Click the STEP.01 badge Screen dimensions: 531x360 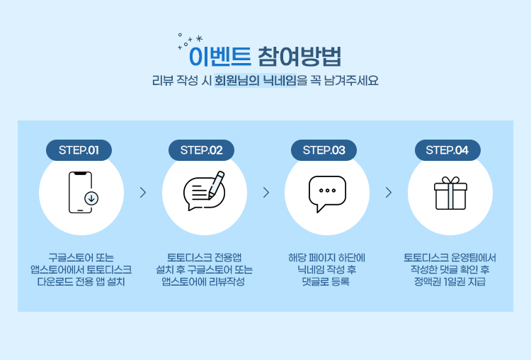pyautogui.click(x=79, y=150)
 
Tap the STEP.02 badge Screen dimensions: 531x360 pyautogui.click(x=202, y=150)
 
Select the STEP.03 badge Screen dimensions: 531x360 pyautogui.click(x=324, y=150)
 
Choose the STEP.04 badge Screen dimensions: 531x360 pyautogui.click(x=447, y=150)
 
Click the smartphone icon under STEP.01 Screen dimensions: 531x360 pyautogui.click(x=80, y=193)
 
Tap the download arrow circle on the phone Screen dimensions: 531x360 pyautogui.click(x=91, y=198)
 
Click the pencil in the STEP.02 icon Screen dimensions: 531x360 pyautogui.click(x=216, y=185)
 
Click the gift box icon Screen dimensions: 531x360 pyautogui.click(x=450, y=193)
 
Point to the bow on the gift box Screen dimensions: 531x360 pyautogui.click(x=450, y=180)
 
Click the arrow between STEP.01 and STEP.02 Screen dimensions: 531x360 pyautogui.click(x=143, y=193)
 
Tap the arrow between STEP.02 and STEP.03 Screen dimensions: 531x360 pyautogui.click(x=266, y=193)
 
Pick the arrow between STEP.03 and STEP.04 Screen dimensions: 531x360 pyautogui.click(x=389, y=193)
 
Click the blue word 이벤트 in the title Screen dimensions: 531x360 pyautogui.click(x=220, y=56)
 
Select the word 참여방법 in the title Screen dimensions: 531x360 pyautogui.click(x=300, y=56)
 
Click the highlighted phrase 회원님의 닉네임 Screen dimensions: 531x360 pyautogui.click(x=256, y=81)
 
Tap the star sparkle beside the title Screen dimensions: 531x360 pyautogui.click(x=199, y=38)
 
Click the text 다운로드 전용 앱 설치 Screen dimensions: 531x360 pyautogui.click(x=81, y=282)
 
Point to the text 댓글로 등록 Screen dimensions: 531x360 pyautogui.click(x=326, y=282)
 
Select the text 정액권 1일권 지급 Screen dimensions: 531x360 pyautogui.click(x=450, y=282)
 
